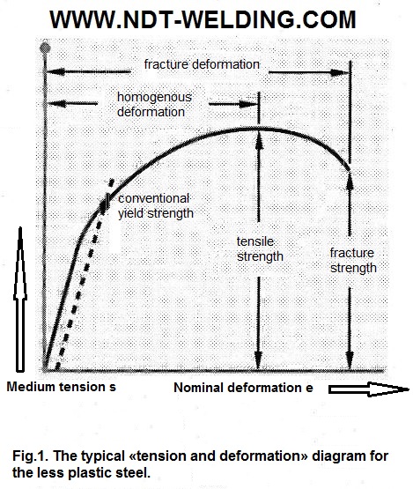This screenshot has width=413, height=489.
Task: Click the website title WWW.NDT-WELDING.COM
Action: point(203,19)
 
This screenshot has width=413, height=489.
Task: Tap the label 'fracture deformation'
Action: point(202,64)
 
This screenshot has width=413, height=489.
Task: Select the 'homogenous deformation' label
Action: point(154,105)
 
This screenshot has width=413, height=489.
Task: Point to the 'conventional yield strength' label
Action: point(156,206)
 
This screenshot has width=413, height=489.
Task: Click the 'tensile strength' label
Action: point(260,248)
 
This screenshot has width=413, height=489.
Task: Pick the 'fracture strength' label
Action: point(353,261)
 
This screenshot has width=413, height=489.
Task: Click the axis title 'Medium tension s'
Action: point(61,387)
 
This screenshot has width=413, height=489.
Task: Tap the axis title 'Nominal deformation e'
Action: point(243,388)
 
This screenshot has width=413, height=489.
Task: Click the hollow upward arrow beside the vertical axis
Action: point(20,300)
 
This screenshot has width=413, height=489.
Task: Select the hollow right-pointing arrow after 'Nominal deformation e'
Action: point(368,389)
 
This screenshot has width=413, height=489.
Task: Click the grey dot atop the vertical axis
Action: point(45,48)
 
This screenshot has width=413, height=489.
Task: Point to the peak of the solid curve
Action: point(259,128)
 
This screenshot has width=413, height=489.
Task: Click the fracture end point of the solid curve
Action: point(350,170)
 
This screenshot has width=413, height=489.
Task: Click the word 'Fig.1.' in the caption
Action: point(30,456)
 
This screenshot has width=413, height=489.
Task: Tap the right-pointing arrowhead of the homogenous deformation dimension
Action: point(248,104)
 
